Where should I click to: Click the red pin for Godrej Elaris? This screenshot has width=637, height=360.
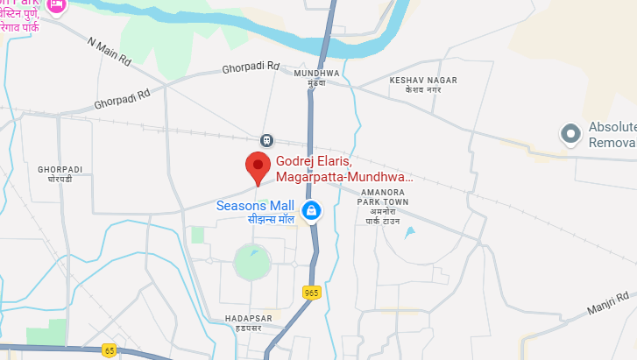click(257, 166)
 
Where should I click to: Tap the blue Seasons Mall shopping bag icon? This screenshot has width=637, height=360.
click(310, 210)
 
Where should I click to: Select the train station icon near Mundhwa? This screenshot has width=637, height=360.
click(266, 140)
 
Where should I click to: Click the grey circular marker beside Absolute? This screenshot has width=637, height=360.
click(571, 134)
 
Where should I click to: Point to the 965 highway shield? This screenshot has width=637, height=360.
click(312, 292)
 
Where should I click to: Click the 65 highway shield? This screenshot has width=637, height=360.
click(109, 350)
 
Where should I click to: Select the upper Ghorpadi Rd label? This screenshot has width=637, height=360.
click(250, 67)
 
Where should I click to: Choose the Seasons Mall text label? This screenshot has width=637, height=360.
click(255, 206)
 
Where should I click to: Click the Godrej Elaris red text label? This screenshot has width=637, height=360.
click(343, 169)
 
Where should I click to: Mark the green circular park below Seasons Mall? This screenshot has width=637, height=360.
click(251, 261)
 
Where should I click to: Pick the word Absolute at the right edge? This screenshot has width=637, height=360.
click(612, 126)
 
